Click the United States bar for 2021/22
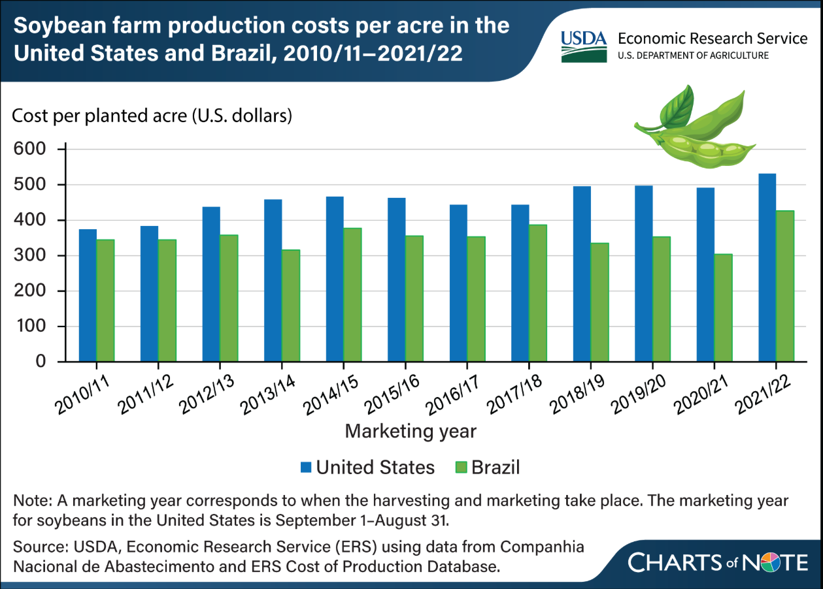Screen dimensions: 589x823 [767, 267]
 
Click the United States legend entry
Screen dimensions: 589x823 [367, 467]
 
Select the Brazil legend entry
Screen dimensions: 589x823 [487, 467]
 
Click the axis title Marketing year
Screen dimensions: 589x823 [411, 432]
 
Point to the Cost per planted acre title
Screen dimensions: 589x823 [152, 118]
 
